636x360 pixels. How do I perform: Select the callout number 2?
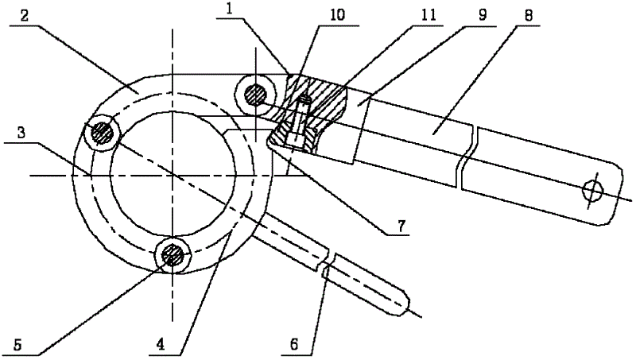click(25, 17)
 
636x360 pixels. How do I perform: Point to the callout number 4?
click(161, 345)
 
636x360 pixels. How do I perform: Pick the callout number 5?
click(17, 345)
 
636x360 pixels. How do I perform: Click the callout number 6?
click(294, 345)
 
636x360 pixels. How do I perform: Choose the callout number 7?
click(401, 226)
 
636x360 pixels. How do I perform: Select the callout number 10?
click(337, 15)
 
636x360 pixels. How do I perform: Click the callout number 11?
click(428, 15)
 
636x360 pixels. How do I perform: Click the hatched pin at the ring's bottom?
click(173, 256)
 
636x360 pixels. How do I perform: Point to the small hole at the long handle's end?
click(592, 190)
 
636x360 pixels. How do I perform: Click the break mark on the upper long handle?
click(467, 156)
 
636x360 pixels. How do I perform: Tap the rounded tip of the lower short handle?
click(404, 303)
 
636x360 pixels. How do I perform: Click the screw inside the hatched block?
click(303, 121)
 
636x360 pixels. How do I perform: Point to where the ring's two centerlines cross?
click(173, 175)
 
